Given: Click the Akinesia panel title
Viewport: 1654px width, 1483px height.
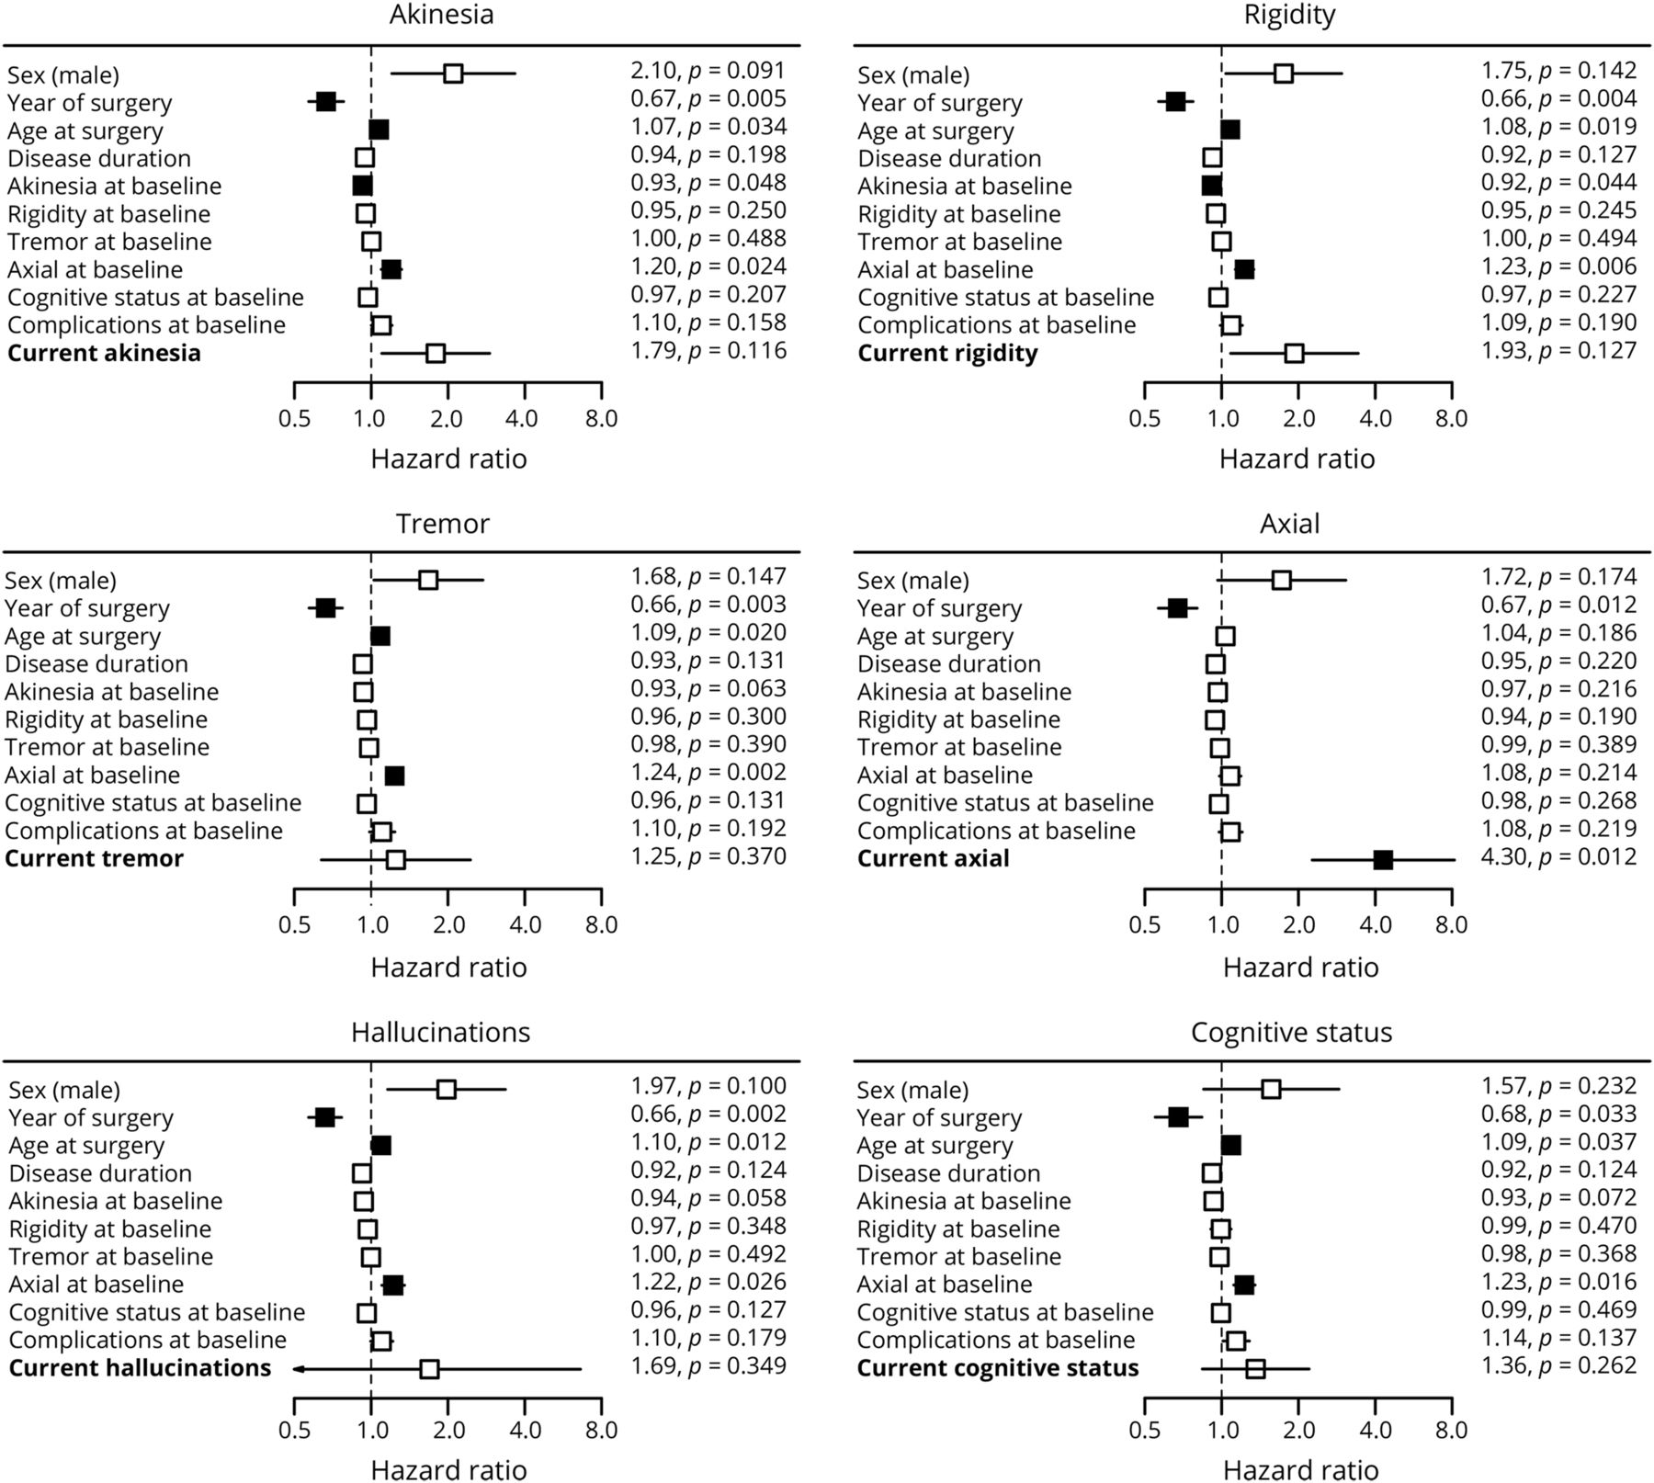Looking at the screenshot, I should pos(441,15).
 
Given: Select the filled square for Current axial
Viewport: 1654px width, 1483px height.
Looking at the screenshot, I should pos(1382,860).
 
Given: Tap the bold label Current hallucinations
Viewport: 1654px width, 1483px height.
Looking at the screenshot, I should pos(140,1368).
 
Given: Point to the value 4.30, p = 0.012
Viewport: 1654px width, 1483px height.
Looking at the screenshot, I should pos(1558,857).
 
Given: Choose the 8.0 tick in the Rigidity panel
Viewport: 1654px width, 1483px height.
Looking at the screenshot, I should pos(1451,418).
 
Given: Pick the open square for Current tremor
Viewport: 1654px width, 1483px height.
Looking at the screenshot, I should pos(395,860).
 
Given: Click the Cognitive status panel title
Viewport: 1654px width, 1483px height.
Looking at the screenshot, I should pos(1291,1033).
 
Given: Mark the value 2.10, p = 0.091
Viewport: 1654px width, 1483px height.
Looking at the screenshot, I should pos(708,71).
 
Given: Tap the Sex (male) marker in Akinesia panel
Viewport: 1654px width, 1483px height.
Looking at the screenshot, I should pos(453,74).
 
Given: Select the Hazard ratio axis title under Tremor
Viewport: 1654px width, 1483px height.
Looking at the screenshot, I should pos(448,968).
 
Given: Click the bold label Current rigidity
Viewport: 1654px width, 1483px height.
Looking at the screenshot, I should pos(947,354).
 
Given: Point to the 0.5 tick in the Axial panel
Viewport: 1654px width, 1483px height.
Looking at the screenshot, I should pos(1145,923).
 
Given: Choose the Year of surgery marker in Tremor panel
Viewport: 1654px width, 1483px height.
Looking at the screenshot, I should pos(325,608).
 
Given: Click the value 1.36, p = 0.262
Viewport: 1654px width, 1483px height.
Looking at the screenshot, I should pos(1558,1366).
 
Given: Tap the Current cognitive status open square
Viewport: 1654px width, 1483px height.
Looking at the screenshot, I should pos(1255,1369).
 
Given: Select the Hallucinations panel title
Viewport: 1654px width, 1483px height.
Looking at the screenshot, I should pos(441,1033).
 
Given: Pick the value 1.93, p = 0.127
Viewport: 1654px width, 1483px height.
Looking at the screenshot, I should pos(1558,351).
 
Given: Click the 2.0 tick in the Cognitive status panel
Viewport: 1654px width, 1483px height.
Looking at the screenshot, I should pos(1298,1431).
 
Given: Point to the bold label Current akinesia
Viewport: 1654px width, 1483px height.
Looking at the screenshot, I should pos(104,354).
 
